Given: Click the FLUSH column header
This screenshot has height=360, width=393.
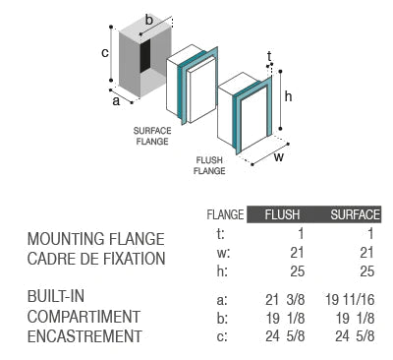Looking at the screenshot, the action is point(282,214).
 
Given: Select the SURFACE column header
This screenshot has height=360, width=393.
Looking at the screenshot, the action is point(356,214).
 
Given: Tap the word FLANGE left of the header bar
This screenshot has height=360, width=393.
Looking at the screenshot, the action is point(225,214).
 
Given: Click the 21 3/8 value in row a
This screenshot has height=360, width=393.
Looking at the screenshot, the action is point(285,300).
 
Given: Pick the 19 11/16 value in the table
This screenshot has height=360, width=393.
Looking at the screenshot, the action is point(350,300).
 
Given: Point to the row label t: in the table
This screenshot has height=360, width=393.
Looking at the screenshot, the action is point(221,234).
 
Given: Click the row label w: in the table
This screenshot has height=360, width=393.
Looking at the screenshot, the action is point(223,253).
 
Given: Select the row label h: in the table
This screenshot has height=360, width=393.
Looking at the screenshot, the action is point(222,271).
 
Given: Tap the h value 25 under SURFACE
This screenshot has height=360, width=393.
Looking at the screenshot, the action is point(366,271).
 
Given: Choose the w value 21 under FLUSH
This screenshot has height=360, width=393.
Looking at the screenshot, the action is point(298,253).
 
